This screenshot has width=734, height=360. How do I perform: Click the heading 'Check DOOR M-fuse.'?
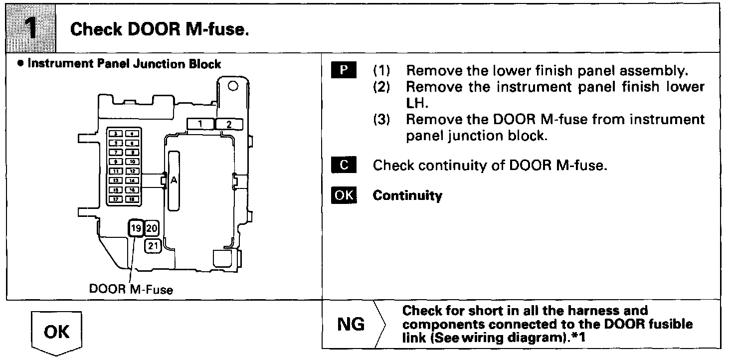click(x=160, y=29)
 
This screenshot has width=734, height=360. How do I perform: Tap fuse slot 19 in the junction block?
click(x=136, y=229)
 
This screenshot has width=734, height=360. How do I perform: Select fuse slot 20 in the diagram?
click(x=152, y=229)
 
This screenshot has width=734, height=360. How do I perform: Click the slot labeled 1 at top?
click(x=199, y=124)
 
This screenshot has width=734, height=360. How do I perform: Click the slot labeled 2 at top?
click(x=229, y=124)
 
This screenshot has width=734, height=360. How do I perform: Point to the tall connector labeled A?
click(x=174, y=180)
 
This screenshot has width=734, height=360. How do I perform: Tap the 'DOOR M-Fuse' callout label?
click(x=131, y=289)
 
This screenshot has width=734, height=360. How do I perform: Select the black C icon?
click(x=344, y=165)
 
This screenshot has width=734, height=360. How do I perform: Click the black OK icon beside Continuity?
click(x=344, y=195)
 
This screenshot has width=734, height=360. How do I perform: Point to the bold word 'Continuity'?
click(x=407, y=195)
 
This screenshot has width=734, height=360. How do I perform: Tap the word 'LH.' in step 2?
click(x=416, y=103)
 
